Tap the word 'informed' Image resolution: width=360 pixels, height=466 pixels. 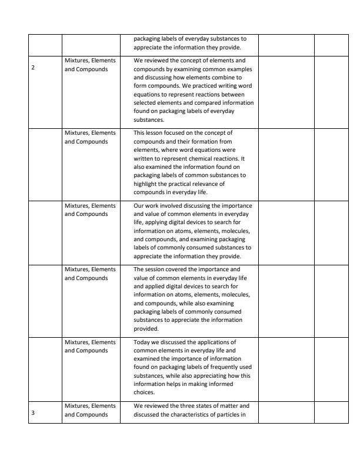199,384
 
